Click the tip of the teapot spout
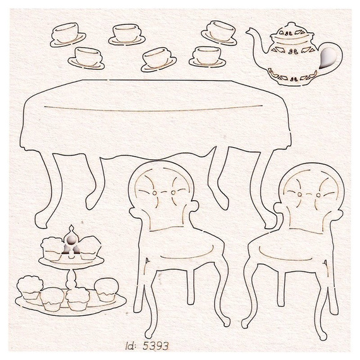tap(248, 31)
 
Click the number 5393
tap(155, 345)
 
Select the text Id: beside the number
tap(131, 345)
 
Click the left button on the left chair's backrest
tap(155, 192)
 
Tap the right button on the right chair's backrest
tap(318, 195)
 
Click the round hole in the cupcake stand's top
tap(71, 240)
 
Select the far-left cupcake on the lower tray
tap(30, 287)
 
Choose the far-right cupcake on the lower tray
tap(106, 289)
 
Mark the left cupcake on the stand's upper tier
tap(52, 249)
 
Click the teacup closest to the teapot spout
tap(219, 33)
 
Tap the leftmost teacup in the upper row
tap(68, 35)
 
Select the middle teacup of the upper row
tap(127, 35)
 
